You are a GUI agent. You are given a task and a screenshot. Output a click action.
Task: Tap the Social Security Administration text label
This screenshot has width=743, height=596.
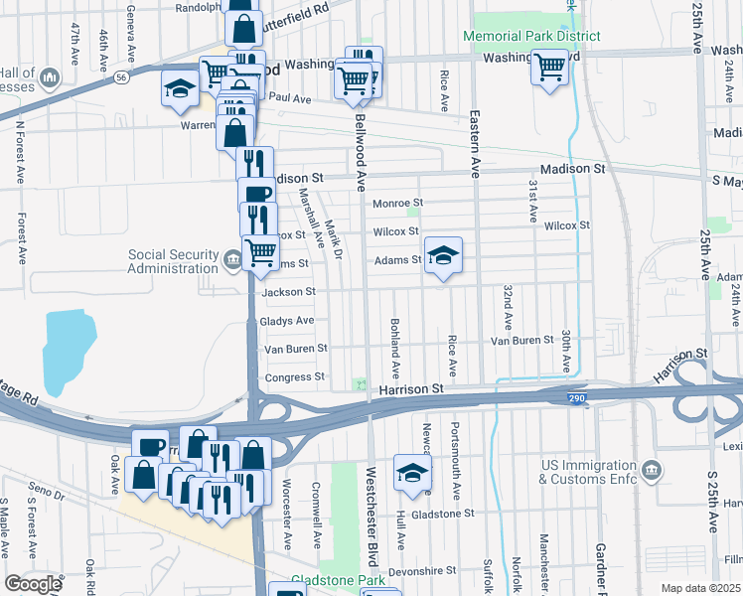pos(173,261)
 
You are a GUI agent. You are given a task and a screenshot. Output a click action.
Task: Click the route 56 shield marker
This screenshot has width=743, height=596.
pos(120,75)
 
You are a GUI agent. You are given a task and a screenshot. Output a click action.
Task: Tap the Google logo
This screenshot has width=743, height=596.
pos(33,584)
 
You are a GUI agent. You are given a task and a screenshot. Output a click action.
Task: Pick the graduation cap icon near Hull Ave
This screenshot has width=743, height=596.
pos(412,475)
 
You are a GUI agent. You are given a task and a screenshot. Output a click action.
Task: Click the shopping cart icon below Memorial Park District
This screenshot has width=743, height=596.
pos(548,69)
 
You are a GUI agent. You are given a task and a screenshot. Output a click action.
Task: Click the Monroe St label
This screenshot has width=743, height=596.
pos(397,204)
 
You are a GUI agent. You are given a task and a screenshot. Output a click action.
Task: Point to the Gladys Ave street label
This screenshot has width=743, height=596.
pos(286,321)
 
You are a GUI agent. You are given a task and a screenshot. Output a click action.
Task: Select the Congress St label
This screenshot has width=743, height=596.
pos(293,377)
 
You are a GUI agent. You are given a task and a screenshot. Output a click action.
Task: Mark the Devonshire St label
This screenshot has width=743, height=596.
pos(421,571)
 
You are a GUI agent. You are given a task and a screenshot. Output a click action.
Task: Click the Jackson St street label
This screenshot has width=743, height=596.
pos(288,292)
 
